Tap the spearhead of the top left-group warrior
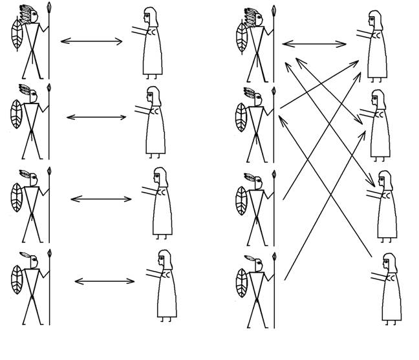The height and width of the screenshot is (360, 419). (50, 8)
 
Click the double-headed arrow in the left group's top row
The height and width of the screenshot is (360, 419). (91, 41)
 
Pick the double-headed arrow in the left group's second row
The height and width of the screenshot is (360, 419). (96, 117)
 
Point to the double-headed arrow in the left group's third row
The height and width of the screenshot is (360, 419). (100, 198)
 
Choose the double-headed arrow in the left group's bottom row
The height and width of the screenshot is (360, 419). (104, 281)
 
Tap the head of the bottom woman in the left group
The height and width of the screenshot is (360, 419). (166, 259)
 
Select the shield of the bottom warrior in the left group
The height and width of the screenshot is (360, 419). (17, 279)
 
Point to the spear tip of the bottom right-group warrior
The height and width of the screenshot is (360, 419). (274, 257)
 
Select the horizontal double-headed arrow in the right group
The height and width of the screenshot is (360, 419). (314, 44)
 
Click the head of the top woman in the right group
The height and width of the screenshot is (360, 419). (374, 19)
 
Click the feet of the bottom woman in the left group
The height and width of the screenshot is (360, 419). (167, 318)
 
